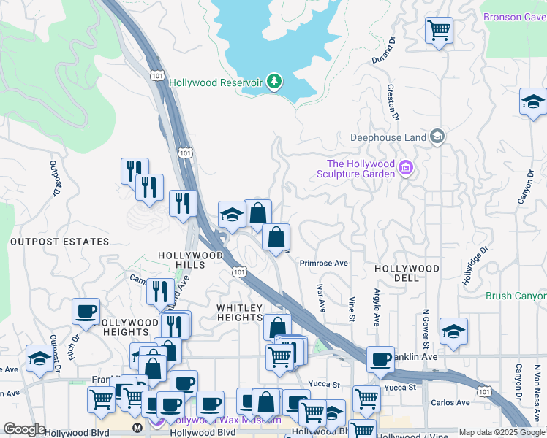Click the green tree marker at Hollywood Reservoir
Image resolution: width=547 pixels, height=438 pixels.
[275, 81]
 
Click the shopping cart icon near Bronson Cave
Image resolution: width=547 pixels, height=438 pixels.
[439, 31]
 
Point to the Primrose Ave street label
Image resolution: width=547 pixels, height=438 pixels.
[324, 263]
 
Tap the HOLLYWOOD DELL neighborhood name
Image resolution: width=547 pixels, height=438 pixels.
[407, 273]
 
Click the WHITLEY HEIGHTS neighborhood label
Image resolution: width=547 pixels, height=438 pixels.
[239, 312]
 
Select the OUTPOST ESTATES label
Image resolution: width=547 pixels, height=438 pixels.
[60, 242]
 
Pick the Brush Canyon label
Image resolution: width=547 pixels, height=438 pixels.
[516, 296]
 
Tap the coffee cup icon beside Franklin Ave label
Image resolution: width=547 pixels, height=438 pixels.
[380, 359]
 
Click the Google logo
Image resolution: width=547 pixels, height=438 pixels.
[24, 429]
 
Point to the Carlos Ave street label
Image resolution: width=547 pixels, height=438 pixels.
[450, 402]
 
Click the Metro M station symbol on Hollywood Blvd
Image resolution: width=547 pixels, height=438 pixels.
[136, 428]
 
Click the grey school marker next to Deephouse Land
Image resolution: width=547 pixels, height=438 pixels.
[437, 136]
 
